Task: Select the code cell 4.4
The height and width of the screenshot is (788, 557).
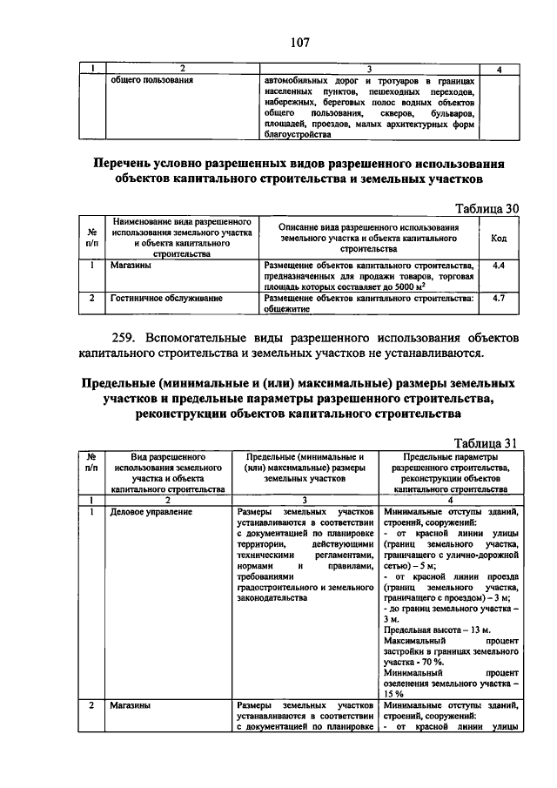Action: click(499, 265)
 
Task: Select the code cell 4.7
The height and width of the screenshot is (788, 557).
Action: click(499, 298)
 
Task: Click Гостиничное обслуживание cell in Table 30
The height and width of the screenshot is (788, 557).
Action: click(166, 298)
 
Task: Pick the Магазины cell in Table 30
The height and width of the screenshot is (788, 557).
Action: click(131, 265)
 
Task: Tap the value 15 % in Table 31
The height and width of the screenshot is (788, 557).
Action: click(393, 694)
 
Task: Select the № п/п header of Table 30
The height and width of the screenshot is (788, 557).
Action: click(92, 237)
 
